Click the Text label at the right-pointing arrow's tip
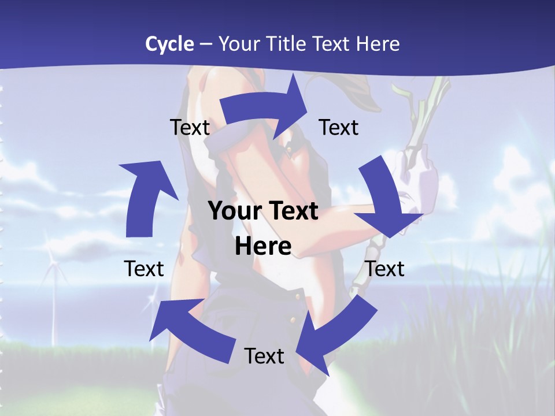click(339, 127)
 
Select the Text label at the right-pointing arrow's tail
click(190, 127)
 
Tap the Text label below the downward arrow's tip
click(385, 269)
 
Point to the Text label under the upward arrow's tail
click(144, 269)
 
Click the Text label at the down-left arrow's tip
click(264, 356)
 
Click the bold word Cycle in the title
click(169, 44)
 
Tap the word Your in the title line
click(238, 44)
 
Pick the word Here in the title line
click(379, 44)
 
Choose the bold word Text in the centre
click(292, 211)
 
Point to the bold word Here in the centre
click(263, 246)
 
